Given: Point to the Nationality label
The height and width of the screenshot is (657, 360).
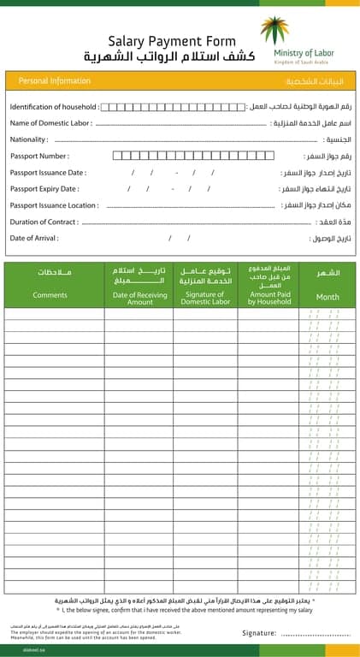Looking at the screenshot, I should (x=30, y=139).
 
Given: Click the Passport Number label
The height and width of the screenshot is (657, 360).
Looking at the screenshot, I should (x=39, y=156).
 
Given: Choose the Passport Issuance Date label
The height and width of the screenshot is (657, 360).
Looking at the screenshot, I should (x=48, y=173).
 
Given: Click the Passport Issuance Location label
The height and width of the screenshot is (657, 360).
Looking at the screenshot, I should (x=54, y=205).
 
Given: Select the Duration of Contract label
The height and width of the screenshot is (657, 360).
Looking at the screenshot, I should (x=44, y=222).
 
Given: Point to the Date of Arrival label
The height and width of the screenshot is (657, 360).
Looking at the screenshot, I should (x=34, y=238).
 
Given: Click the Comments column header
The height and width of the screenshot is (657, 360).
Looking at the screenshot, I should (x=50, y=295).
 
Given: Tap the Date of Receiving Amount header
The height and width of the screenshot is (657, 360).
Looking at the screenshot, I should (x=140, y=298).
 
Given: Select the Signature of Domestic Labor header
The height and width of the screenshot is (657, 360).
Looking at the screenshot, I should (x=205, y=298).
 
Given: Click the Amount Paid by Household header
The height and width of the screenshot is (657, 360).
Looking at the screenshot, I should (x=269, y=298).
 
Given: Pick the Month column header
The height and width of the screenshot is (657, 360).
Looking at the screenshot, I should (x=328, y=297).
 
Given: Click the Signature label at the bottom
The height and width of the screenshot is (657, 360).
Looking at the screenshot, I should (x=260, y=633).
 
